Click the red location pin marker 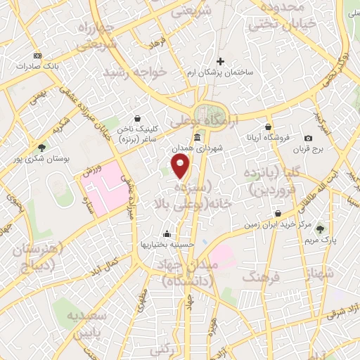click(181, 167)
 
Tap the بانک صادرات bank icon click(37, 56)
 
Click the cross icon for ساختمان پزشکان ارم click(221, 61)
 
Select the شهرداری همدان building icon click(197, 137)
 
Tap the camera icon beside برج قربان click(308, 139)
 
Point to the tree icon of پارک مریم click(321, 228)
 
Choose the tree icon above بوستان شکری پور click(41, 148)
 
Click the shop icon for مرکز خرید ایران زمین click(278, 213)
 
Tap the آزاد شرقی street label click(345, 309)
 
